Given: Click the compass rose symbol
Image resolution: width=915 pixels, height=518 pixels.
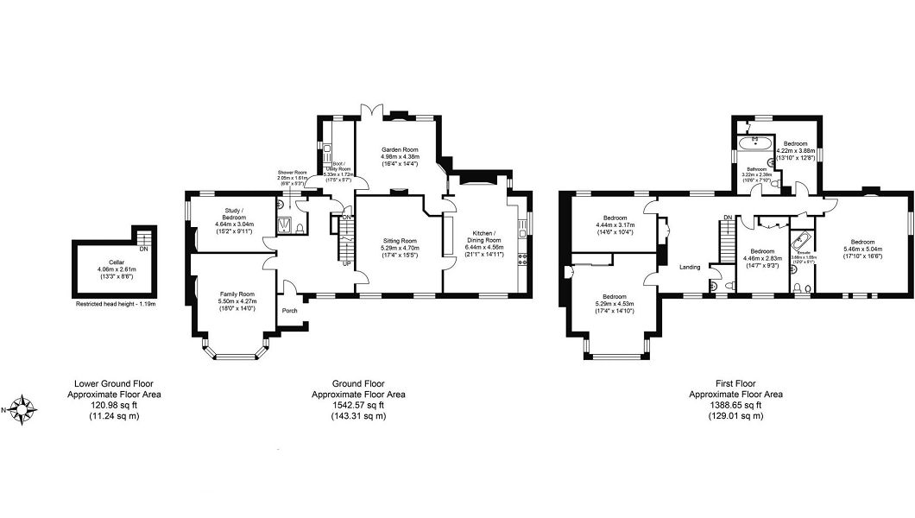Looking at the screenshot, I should point(24,407).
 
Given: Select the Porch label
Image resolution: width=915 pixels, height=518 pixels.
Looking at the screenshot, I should point(289,311).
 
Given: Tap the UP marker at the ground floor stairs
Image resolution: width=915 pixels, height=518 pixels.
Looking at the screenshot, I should point(347,264).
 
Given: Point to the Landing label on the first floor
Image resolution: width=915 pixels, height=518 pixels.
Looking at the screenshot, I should point(690,267).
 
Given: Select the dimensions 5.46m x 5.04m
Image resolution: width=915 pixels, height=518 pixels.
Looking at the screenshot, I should point(862,250).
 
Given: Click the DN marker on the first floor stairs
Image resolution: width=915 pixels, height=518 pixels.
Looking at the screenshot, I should point(728,218).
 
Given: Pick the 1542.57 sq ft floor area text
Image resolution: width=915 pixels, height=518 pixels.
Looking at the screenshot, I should point(358,405).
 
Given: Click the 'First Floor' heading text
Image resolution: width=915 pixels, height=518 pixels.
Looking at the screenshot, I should point(735,383).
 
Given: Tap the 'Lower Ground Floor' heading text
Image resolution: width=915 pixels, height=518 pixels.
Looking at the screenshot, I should point(115,383).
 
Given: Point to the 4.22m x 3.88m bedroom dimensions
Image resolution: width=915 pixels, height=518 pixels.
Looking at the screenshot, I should point(795,150).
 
